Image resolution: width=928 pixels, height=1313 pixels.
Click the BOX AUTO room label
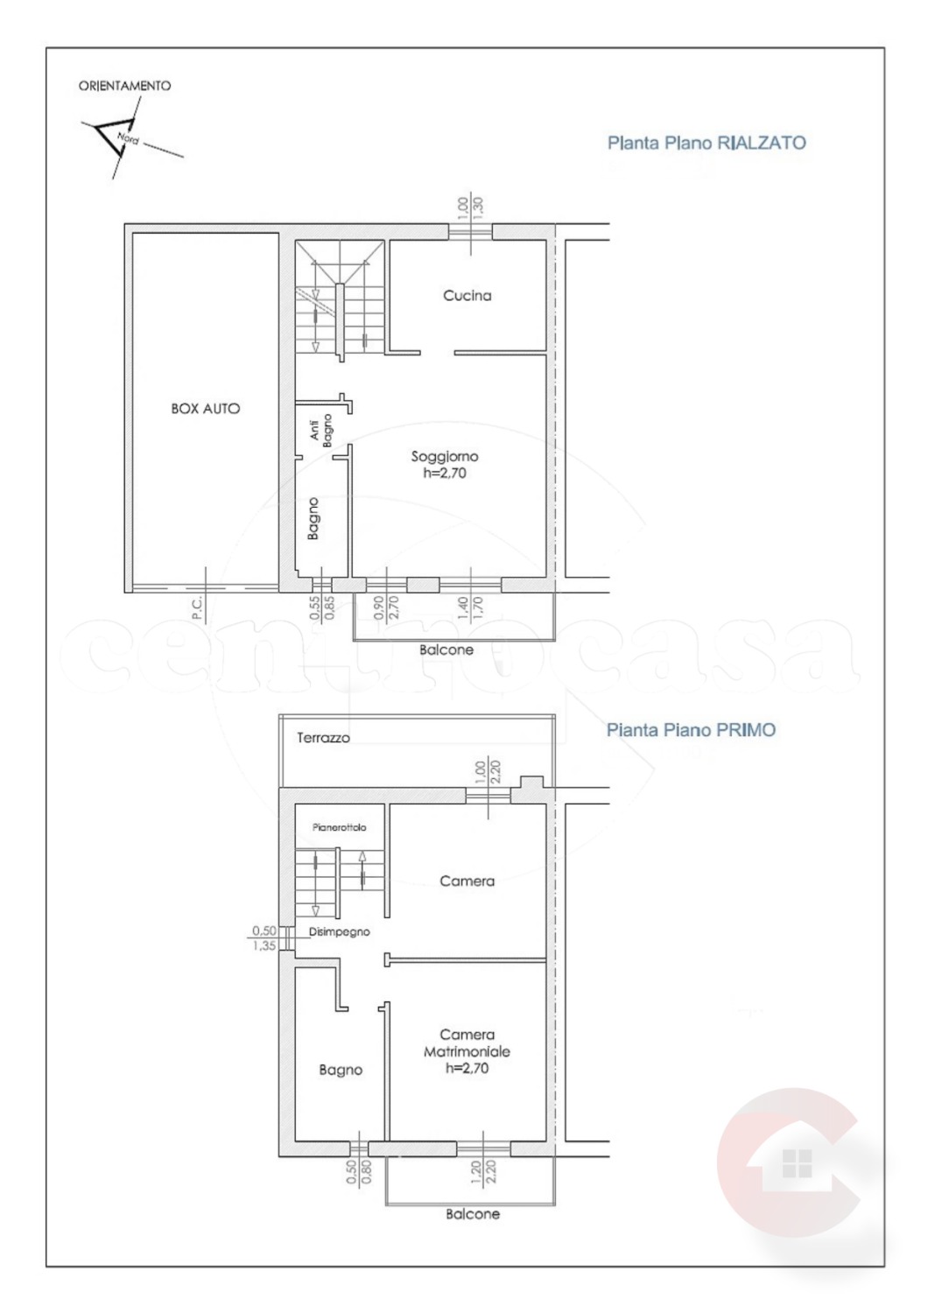pos(205,409)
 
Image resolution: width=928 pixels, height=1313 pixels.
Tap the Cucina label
pos(468,296)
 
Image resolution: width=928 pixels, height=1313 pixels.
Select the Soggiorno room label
pos(445,456)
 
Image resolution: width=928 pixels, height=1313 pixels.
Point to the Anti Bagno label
pos(321,431)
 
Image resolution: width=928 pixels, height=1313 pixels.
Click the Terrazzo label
pos(323,738)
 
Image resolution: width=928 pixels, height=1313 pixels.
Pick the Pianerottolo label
pos(340,828)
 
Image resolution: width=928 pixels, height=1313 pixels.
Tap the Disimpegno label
pos(340,931)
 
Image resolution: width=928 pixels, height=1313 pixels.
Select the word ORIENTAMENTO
pos(125,86)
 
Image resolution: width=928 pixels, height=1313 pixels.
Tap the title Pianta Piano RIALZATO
pos(707,143)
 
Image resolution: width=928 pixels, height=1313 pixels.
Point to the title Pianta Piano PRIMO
pos(691,730)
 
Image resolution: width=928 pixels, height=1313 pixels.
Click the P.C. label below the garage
pos(196,607)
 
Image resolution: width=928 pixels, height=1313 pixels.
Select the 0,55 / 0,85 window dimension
pos(321,607)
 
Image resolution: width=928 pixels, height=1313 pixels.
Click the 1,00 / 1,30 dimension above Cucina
pos(469,208)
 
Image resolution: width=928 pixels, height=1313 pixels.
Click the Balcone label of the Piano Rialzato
pos(446,650)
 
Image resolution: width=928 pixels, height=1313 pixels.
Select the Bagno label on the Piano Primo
pos(341,1071)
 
